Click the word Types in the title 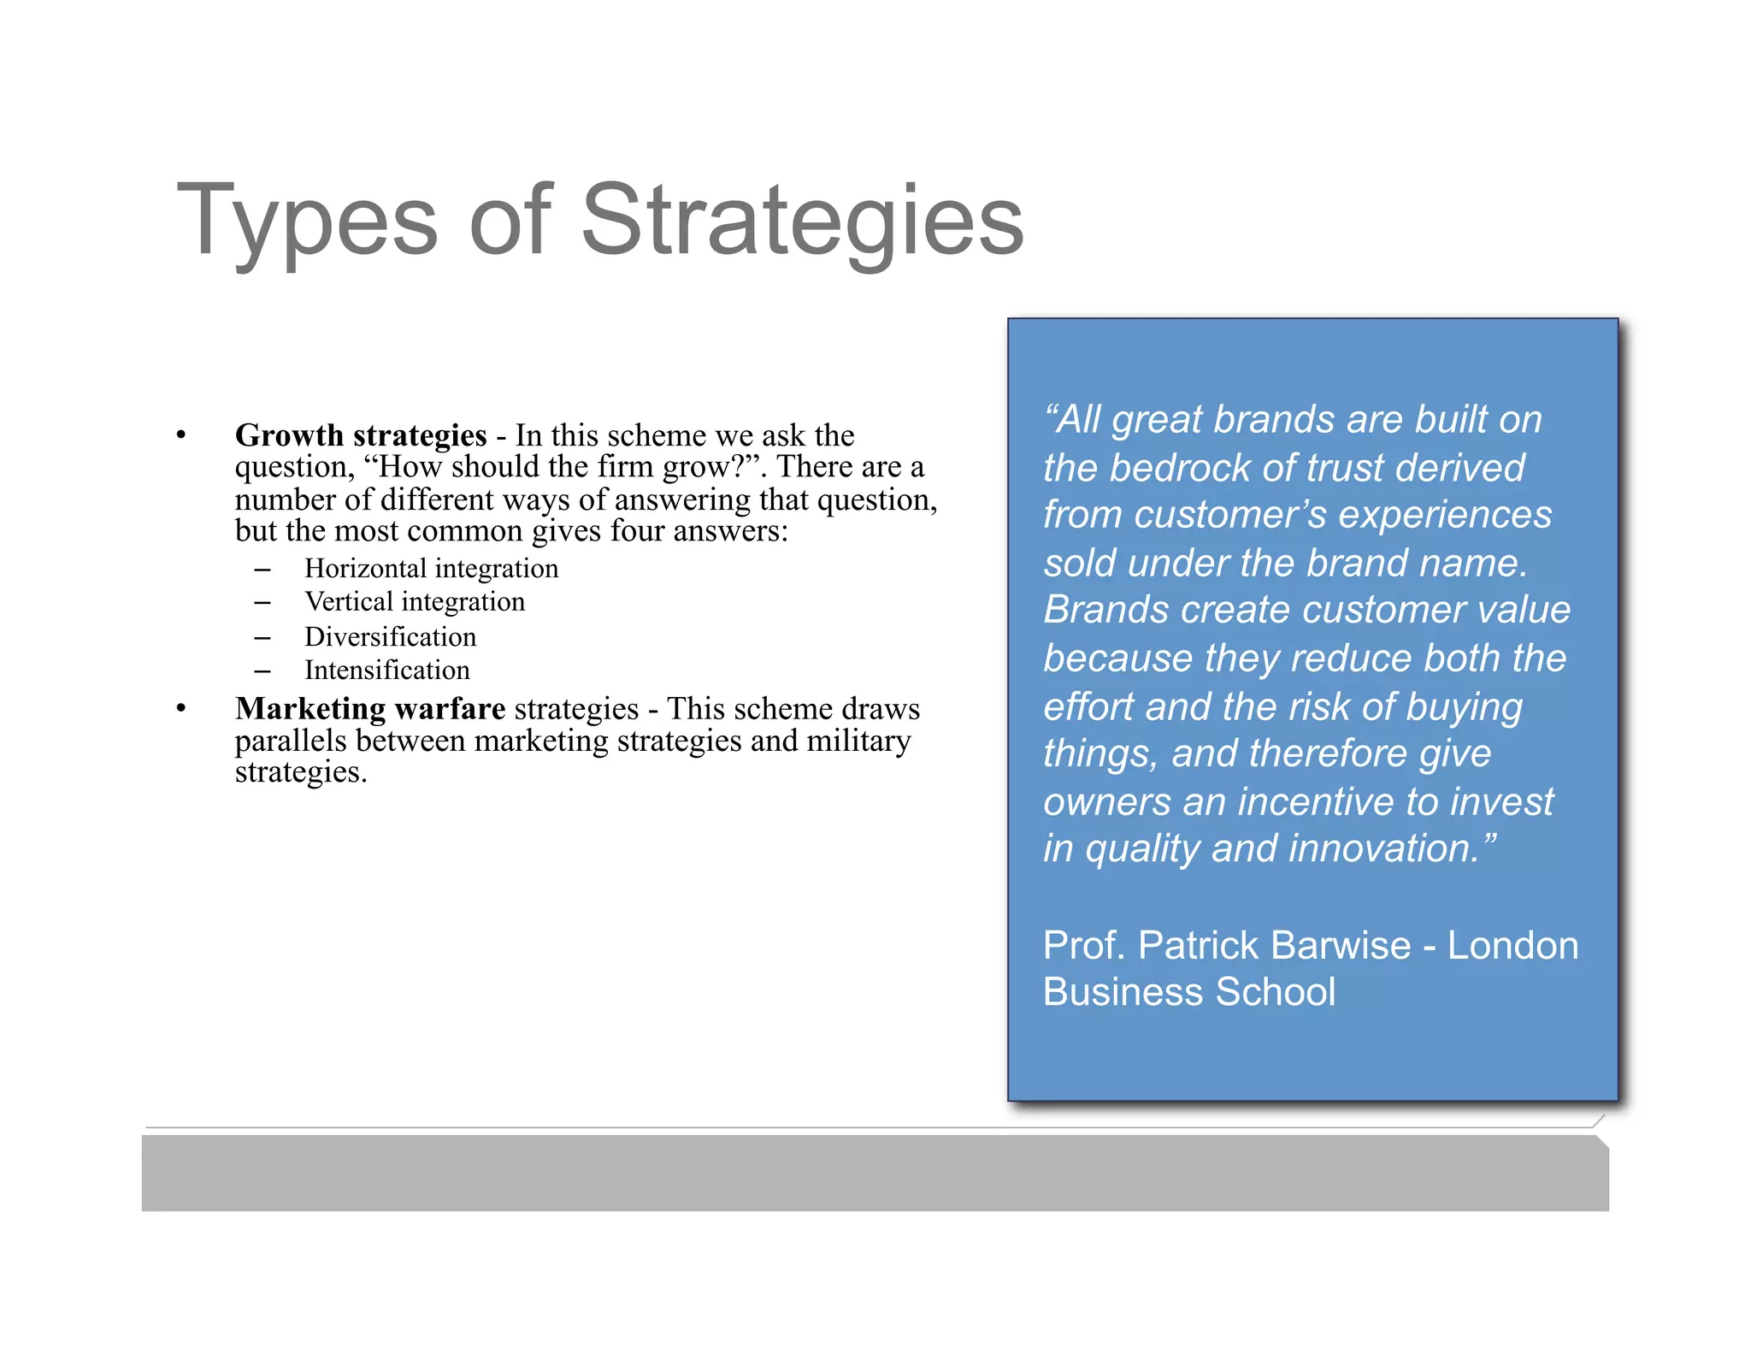click(307, 221)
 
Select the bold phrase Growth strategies click(361, 435)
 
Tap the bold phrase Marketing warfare click(370, 709)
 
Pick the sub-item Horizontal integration click(431, 569)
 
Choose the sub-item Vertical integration click(415, 602)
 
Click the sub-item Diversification click(390, 637)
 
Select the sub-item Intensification click(386, 671)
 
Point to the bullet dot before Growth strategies click(181, 435)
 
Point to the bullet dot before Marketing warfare click(181, 709)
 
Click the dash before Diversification click(262, 638)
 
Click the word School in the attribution click(1275, 992)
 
